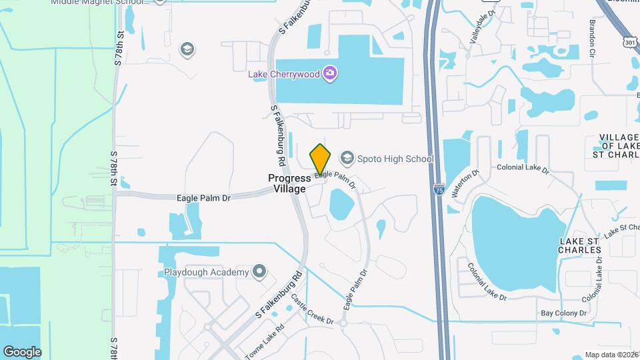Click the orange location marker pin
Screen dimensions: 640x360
point(321,159)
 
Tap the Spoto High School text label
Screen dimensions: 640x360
point(395,159)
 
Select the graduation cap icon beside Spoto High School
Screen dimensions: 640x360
point(346,158)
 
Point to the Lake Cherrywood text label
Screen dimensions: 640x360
point(284,74)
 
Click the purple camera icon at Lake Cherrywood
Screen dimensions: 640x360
point(329,73)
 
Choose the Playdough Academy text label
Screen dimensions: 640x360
point(206,272)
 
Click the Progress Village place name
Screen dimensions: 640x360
point(289,183)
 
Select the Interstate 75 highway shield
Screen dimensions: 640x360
point(438,190)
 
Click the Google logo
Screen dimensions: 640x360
point(22,351)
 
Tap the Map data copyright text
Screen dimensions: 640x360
point(611,355)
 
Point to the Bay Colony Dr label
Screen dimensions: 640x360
point(563,313)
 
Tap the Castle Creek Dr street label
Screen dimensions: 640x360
point(311,313)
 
